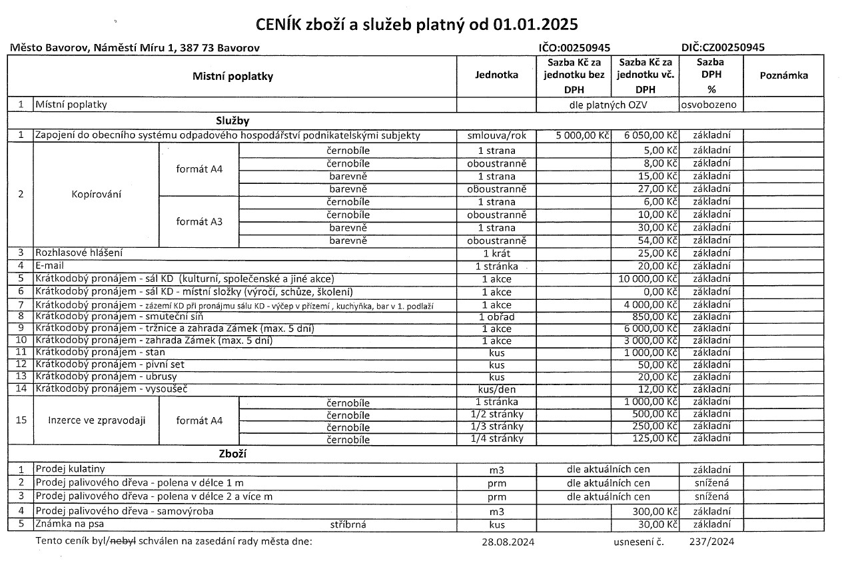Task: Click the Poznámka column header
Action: (x=783, y=75)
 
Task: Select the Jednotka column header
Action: (x=496, y=75)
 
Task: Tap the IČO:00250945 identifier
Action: (x=574, y=47)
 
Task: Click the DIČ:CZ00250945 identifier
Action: (x=723, y=47)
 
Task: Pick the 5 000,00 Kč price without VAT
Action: (x=583, y=136)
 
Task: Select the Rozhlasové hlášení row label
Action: (x=79, y=253)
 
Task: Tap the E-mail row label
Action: (x=51, y=266)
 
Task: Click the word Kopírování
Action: (x=96, y=195)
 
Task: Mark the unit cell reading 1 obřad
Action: (x=496, y=316)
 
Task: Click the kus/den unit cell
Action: (x=496, y=389)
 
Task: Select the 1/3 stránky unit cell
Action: (x=496, y=426)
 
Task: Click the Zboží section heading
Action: (x=232, y=454)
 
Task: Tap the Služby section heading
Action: (x=232, y=121)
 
